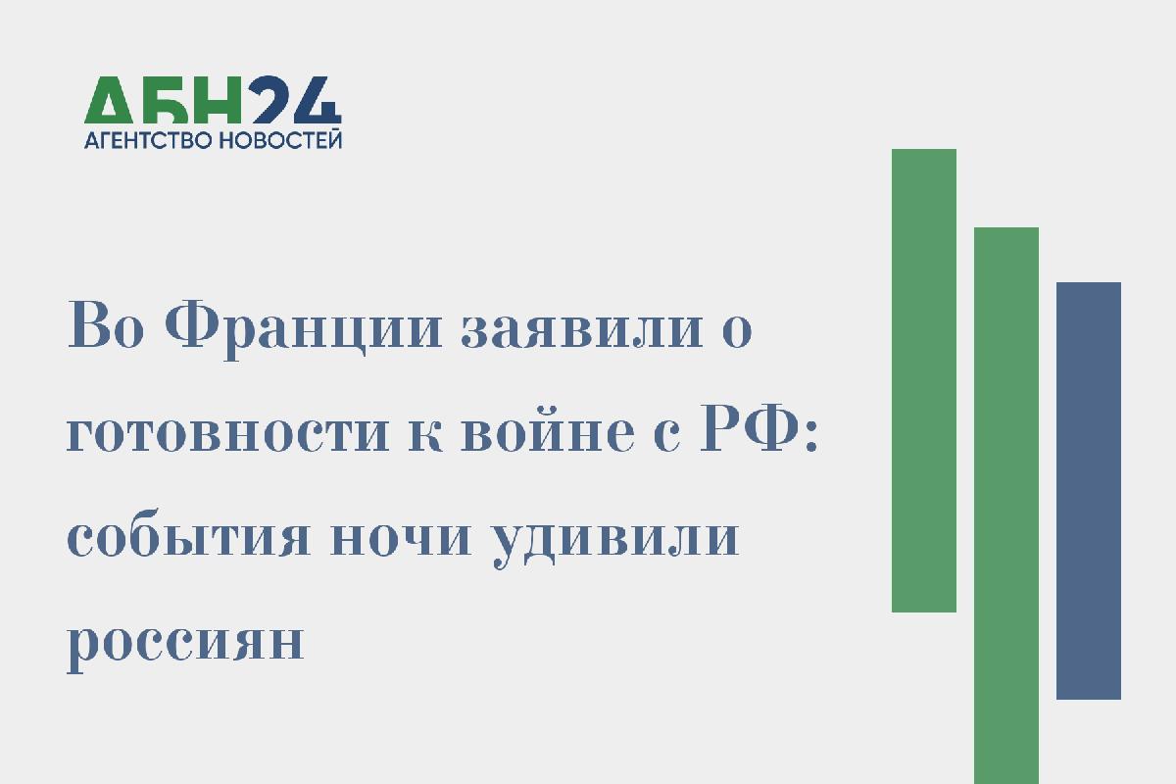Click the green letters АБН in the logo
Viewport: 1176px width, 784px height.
(x=163, y=100)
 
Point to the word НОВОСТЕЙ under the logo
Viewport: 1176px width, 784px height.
(x=280, y=140)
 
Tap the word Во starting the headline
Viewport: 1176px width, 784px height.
(x=105, y=325)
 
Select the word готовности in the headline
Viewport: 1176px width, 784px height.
(x=227, y=434)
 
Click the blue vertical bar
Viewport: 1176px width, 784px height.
(x=1089, y=491)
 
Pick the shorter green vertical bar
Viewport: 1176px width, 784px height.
(x=924, y=380)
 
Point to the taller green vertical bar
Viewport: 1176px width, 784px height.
(x=1006, y=506)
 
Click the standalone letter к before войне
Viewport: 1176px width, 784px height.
(x=425, y=434)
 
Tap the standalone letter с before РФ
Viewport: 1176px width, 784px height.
(x=666, y=434)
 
